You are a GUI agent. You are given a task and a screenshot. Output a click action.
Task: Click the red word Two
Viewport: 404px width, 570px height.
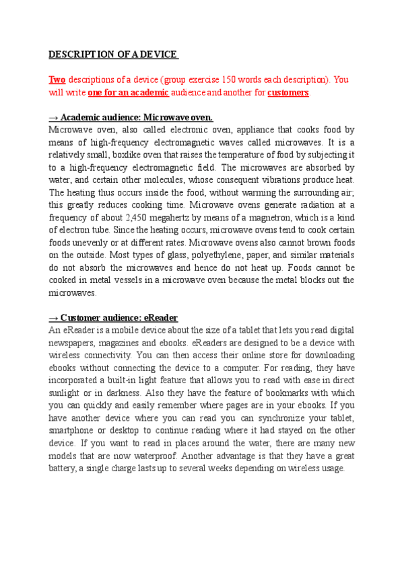click(57, 79)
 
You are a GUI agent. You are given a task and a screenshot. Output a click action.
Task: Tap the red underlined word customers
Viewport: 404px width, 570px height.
click(288, 92)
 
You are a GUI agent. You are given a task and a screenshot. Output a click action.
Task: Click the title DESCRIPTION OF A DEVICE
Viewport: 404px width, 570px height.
click(112, 54)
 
